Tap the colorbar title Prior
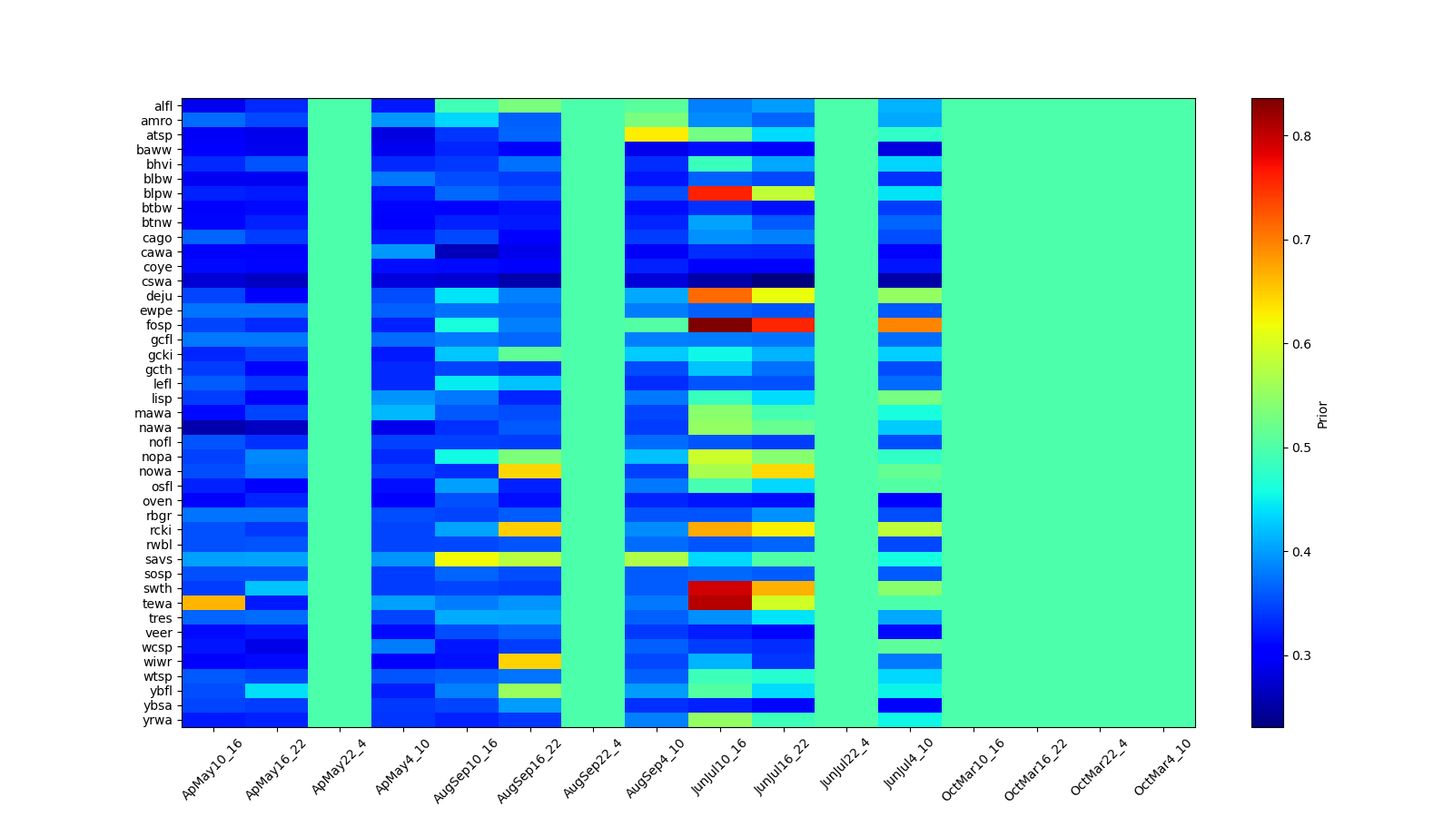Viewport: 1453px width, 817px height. click(1322, 414)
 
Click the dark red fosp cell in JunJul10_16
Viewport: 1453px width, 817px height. click(720, 325)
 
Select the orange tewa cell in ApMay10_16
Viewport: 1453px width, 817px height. click(213, 603)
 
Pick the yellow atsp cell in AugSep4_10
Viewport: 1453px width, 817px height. click(657, 134)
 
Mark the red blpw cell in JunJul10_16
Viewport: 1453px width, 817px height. click(720, 193)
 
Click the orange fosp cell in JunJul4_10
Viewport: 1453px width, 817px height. click(910, 325)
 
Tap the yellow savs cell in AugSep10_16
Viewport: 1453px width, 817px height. click(467, 559)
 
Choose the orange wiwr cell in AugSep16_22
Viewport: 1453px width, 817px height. click(530, 662)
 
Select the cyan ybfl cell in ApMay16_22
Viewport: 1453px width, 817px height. click(277, 691)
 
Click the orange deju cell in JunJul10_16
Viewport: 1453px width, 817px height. click(720, 296)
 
